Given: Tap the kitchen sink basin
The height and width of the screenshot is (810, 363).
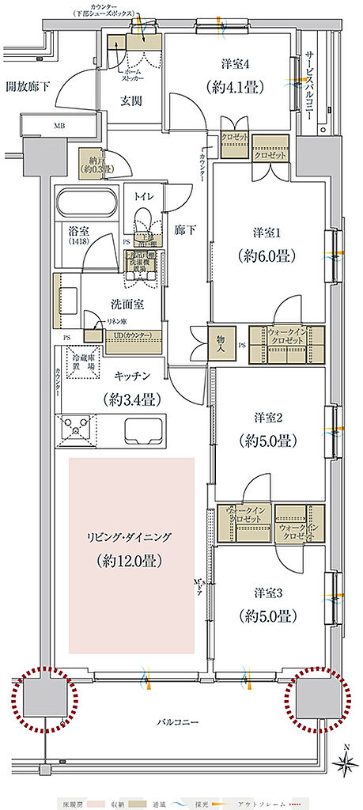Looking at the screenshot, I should [143, 432].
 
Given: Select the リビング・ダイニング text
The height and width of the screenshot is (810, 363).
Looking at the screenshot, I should [130, 537].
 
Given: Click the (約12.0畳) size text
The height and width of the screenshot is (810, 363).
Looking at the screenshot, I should [130, 561].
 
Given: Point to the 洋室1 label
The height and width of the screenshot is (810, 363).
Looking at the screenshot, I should [269, 233].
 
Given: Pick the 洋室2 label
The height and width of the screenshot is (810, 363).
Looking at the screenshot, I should [269, 417].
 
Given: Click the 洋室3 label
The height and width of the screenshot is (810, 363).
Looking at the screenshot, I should [269, 592].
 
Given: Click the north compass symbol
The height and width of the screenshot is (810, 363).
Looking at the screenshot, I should [346, 761].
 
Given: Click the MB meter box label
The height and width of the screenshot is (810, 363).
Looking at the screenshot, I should [60, 125].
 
